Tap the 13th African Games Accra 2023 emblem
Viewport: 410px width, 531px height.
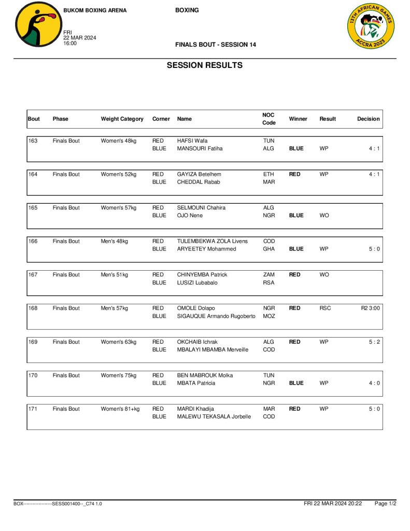click(x=370, y=25)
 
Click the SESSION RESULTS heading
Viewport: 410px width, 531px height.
click(x=204, y=65)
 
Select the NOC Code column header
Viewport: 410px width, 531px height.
click(x=269, y=119)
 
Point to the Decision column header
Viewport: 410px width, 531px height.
click(x=368, y=119)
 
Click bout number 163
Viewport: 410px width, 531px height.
click(x=33, y=141)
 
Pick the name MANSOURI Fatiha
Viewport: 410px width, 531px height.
click(x=200, y=149)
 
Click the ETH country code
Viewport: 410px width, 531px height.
click(x=268, y=175)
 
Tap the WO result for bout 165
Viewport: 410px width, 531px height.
click(x=324, y=216)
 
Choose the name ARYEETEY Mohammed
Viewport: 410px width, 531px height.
click(x=206, y=249)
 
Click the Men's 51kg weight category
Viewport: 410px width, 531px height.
click(x=114, y=275)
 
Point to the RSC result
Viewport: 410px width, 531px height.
click(x=325, y=309)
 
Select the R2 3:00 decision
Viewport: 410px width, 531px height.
click(x=370, y=309)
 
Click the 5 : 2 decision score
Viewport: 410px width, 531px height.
click(x=374, y=342)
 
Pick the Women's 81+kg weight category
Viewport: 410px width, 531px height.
click(x=120, y=409)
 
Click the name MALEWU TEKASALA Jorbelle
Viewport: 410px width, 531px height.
click(x=214, y=417)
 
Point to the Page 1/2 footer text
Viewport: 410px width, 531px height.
click(x=385, y=504)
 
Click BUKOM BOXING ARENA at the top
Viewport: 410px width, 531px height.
click(x=95, y=10)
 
